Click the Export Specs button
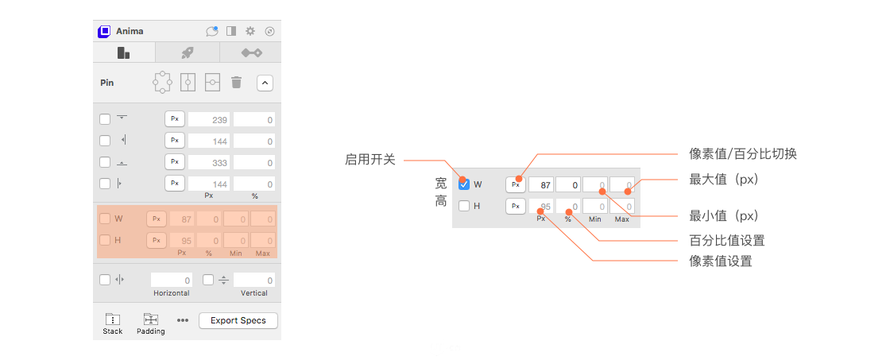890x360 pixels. point(238,321)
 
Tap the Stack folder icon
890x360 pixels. point(112,319)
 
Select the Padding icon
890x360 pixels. point(151,319)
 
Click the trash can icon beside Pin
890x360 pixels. point(237,83)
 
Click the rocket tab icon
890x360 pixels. point(188,52)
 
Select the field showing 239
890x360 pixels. point(209,120)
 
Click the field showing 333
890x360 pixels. point(209,163)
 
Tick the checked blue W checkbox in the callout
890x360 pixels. point(464,184)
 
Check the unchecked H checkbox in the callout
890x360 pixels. point(464,206)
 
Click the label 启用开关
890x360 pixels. point(370,160)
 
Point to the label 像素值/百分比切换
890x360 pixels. point(743,153)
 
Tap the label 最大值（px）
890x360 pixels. point(724,180)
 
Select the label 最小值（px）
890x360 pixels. point(724,216)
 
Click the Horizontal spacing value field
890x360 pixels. point(172,280)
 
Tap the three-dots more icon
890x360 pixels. point(182,320)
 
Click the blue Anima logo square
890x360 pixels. point(104,31)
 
